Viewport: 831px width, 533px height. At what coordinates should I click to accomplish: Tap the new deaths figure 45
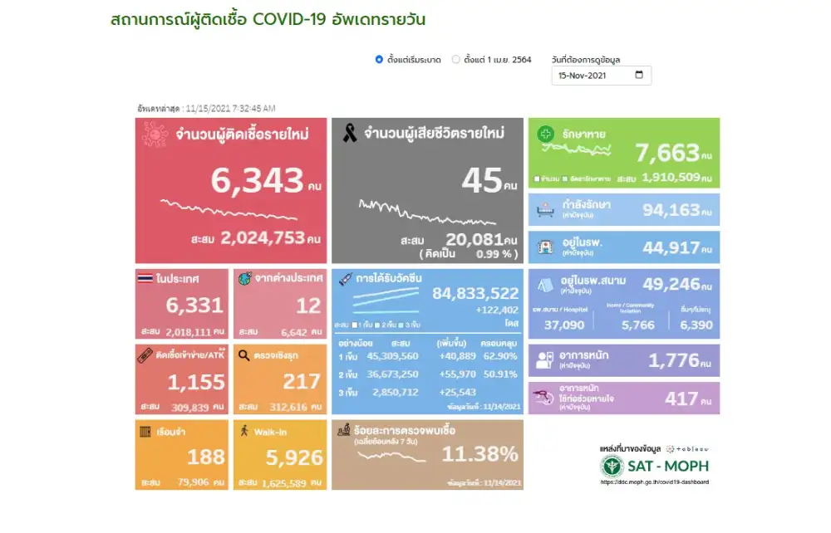(482, 181)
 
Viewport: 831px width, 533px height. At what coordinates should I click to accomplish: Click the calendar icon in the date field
(639, 76)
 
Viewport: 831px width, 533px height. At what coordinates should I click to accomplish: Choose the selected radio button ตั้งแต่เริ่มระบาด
(379, 60)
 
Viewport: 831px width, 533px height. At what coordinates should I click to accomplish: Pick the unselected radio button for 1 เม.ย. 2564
(455, 60)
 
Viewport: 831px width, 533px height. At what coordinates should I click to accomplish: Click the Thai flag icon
(145, 279)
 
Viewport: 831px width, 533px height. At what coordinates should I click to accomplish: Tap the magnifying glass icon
(243, 355)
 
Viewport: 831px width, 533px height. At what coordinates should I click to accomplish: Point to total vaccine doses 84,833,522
(475, 293)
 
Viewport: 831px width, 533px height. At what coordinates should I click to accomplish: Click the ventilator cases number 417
(681, 399)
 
